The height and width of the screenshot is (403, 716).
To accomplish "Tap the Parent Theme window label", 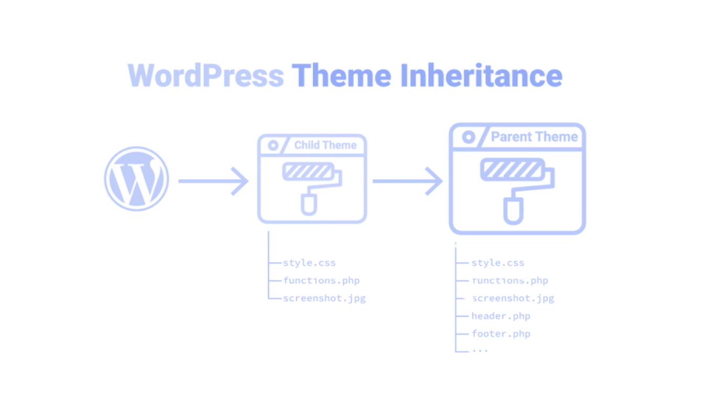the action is [534, 137].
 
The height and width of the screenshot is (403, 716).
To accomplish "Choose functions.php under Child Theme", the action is [320, 282].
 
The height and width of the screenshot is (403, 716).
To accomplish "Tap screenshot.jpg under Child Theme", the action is [322, 298].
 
